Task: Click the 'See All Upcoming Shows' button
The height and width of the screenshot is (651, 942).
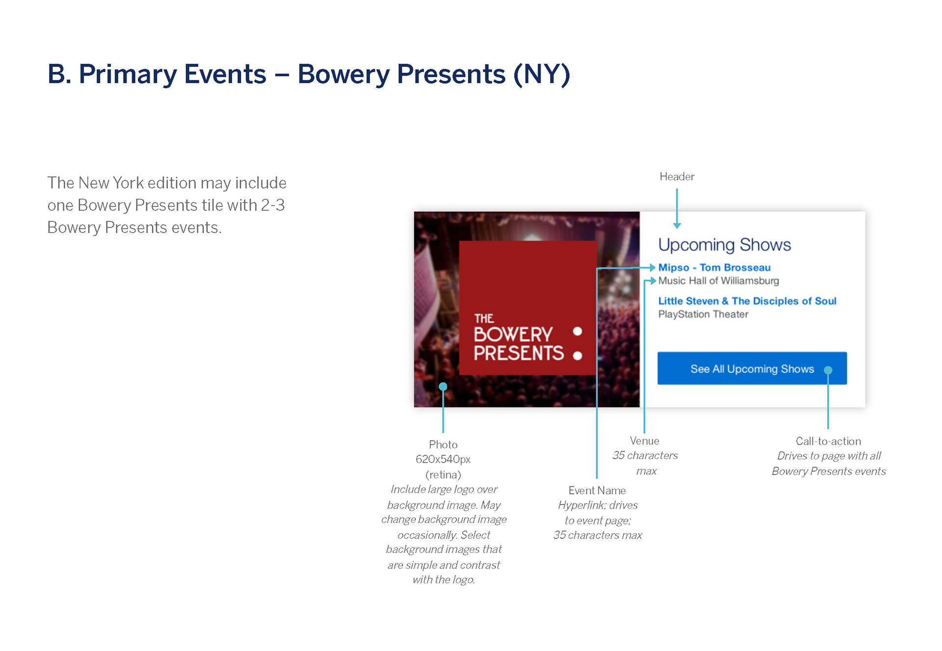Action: click(x=752, y=368)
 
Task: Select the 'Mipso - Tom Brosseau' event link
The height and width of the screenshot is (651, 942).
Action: click(x=714, y=267)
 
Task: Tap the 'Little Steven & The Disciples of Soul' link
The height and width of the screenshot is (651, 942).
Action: click(x=747, y=301)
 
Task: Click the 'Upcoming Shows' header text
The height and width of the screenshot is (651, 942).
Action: click(x=725, y=245)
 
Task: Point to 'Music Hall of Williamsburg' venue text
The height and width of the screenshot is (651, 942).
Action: click(x=718, y=281)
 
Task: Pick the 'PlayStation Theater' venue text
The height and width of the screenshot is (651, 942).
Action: click(x=703, y=314)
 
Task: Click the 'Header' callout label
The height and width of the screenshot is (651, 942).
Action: click(x=677, y=177)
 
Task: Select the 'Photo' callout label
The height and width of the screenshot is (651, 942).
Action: click(x=443, y=444)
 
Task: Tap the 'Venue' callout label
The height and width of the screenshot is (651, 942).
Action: click(x=645, y=441)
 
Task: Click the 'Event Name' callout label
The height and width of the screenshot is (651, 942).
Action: click(x=597, y=491)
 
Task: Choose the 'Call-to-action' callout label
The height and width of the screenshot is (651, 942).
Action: click(x=828, y=441)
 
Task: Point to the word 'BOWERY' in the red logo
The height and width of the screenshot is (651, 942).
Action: click(x=513, y=335)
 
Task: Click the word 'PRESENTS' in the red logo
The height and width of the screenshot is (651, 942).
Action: click(x=519, y=353)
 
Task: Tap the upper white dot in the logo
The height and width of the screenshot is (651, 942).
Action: click(x=577, y=331)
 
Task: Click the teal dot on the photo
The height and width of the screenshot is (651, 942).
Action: click(x=443, y=387)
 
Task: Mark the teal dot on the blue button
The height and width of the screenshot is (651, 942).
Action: click(x=828, y=370)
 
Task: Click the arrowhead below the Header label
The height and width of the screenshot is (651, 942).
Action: click(x=677, y=226)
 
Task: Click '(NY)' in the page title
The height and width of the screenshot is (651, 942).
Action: click(x=542, y=75)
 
